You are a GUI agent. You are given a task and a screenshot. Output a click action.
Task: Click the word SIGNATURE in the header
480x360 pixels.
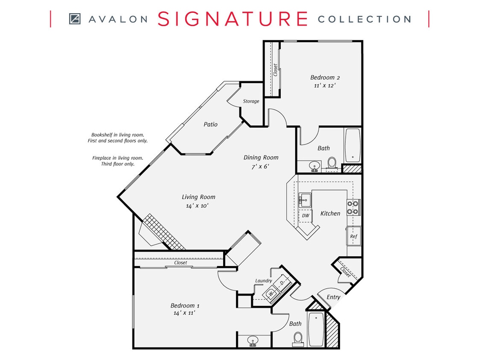[x=233, y=19]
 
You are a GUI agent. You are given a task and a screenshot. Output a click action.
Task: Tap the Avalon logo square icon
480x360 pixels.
[x=75, y=19]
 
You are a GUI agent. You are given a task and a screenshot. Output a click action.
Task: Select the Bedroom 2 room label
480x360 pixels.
[x=325, y=77]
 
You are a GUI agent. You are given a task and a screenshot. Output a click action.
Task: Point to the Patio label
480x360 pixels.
[x=210, y=124]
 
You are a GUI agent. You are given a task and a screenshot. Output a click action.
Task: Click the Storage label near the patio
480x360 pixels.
[x=251, y=101]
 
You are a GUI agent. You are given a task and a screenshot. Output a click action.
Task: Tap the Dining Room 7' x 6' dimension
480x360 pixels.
[x=260, y=166]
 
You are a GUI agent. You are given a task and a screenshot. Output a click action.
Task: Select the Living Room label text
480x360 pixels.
[x=198, y=197]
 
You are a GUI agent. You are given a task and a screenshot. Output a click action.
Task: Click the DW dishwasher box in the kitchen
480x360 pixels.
[x=305, y=216]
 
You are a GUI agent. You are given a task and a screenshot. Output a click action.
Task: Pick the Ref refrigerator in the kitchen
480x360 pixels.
[x=353, y=236]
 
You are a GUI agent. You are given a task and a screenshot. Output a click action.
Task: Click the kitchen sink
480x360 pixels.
[x=305, y=199]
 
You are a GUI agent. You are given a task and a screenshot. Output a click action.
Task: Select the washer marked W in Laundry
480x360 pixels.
[x=271, y=294]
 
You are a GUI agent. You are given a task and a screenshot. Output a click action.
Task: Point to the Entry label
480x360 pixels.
[x=333, y=297]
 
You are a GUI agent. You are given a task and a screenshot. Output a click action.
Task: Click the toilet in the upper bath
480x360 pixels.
[x=332, y=163]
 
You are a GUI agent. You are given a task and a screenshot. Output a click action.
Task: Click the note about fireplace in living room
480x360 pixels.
[x=117, y=161]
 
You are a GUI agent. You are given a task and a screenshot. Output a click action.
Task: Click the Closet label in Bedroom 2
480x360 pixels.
[x=276, y=70]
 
